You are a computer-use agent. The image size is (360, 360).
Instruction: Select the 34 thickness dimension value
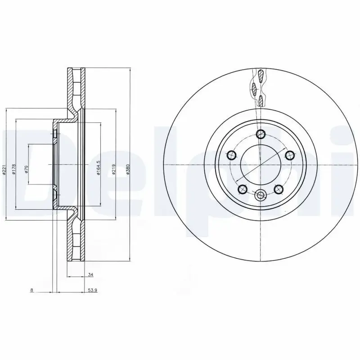pos(90,274)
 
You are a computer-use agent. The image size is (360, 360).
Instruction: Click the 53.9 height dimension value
pos(93,290)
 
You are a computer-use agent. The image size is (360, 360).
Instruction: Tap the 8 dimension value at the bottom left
pos(31,290)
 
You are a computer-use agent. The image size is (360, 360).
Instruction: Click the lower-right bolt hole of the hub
pos(278,189)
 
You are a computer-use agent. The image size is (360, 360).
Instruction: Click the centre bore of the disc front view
pos(261,164)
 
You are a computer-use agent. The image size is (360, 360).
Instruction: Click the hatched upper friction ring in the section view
pos(75,90)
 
